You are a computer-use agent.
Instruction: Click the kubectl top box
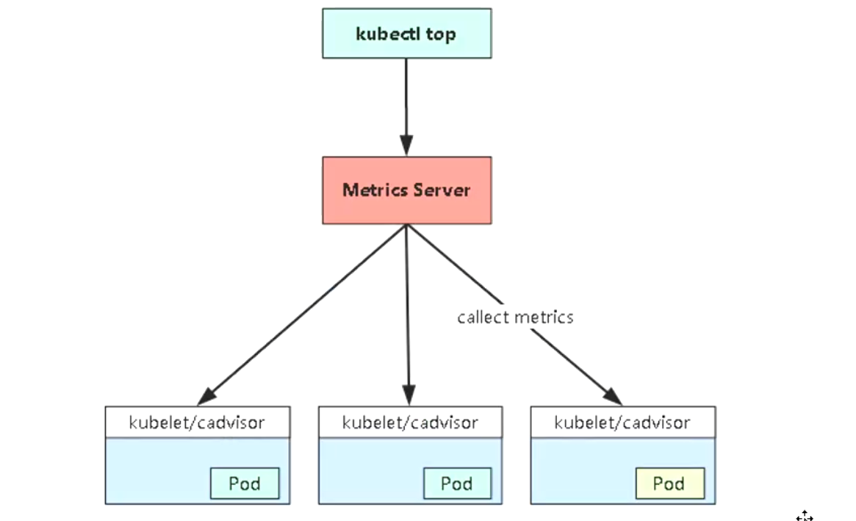[x=406, y=33]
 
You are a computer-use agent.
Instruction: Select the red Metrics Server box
[x=406, y=190]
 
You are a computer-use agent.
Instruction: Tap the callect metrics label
[x=514, y=317]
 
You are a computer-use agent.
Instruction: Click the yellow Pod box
[x=669, y=484]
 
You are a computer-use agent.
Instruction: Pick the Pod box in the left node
[x=245, y=484]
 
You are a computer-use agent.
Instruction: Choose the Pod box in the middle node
[x=456, y=484]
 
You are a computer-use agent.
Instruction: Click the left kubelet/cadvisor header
[x=197, y=423]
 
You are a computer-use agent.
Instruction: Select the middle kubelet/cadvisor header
[x=410, y=423]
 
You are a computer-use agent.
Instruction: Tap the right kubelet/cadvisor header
[x=622, y=423]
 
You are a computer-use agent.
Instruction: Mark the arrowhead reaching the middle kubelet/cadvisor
[x=409, y=395]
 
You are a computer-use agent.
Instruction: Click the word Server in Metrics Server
[x=441, y=190]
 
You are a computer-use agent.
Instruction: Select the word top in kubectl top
[x=440, y=34]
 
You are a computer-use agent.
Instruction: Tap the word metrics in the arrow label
[x=544, y=317]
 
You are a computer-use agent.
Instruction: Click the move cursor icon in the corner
[x=805, y=517]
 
